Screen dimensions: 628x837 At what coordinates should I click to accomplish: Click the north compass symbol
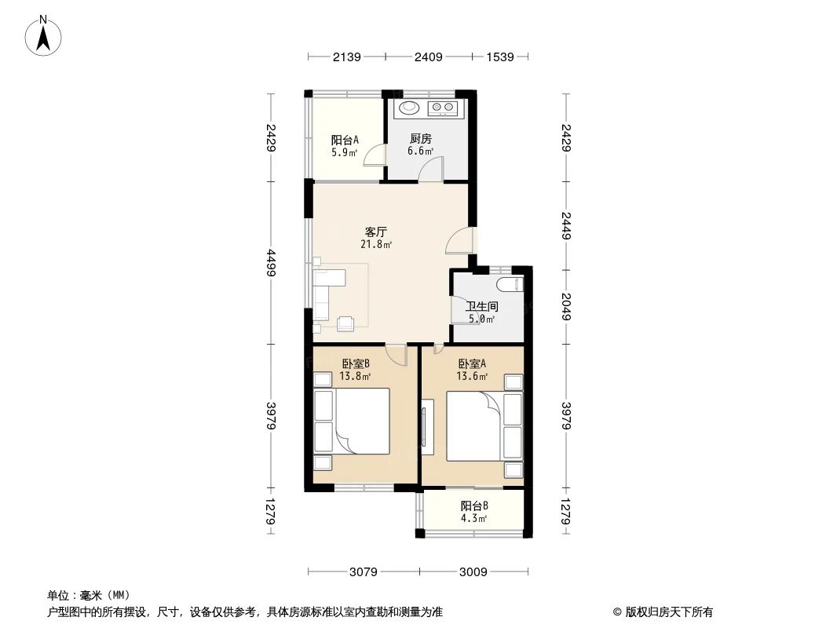point(45,35)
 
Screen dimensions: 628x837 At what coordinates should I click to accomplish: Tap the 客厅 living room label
point(376,232)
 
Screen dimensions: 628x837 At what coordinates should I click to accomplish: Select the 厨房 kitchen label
point(420,139)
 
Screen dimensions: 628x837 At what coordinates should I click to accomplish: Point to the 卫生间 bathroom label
point(482,306)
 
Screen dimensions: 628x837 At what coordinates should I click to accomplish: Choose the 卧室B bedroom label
point(356,363)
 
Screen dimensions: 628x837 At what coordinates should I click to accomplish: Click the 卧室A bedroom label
point(472,363)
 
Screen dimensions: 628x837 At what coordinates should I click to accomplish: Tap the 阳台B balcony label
point(474,506)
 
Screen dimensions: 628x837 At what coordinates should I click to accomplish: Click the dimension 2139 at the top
point(346,57)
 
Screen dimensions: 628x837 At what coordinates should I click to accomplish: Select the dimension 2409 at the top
point(429,57)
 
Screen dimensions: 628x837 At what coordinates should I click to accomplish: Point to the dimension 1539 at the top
point(499,57)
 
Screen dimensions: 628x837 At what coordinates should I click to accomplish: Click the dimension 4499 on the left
point(271,262)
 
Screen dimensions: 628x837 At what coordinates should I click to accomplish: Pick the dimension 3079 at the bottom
point(364,571)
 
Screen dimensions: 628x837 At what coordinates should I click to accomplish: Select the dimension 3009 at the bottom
point(474,571)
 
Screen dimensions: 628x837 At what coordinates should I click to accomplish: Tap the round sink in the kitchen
point(409,108)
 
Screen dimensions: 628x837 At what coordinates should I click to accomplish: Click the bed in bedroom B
point(353,421)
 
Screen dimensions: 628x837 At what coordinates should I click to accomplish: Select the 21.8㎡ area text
point(376,244)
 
